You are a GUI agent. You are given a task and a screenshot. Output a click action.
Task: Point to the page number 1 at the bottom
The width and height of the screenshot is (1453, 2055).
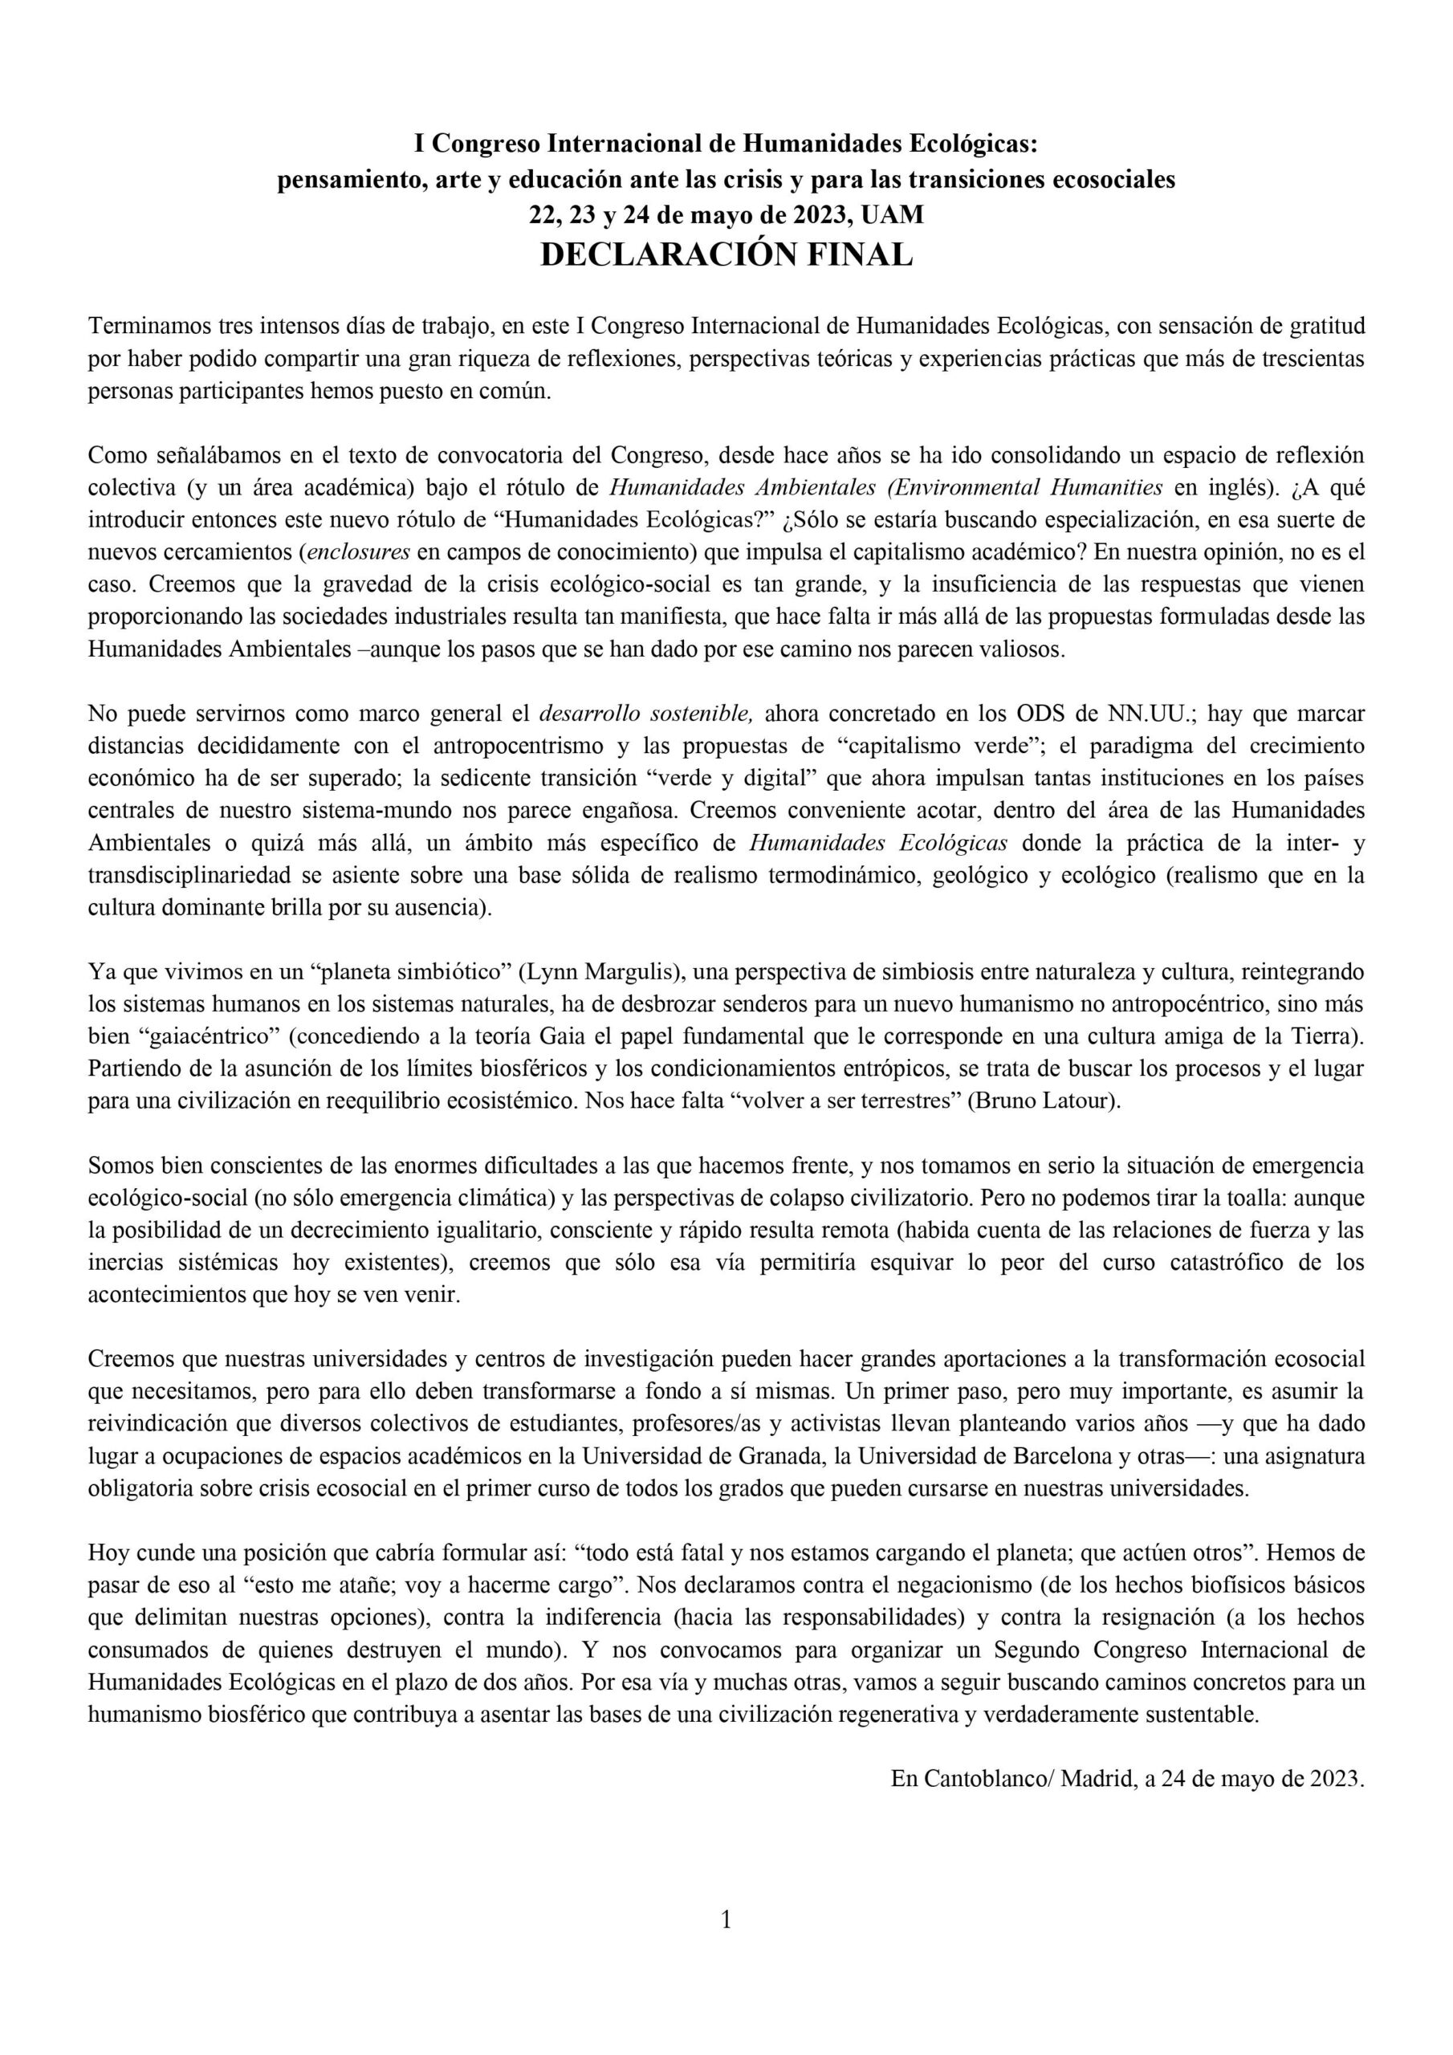726,1939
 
